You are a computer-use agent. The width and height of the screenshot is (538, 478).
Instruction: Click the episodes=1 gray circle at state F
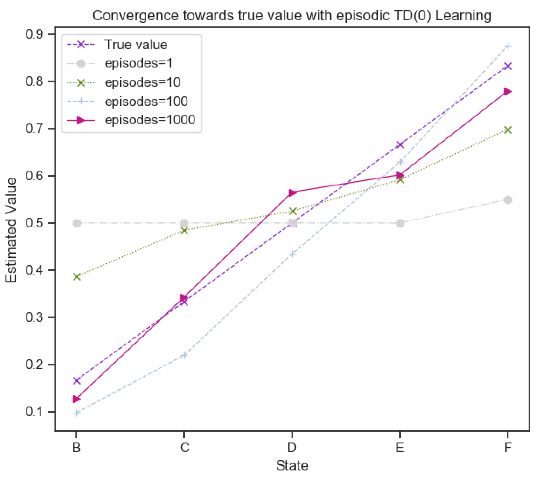pyautogui.click(x=508, y=200)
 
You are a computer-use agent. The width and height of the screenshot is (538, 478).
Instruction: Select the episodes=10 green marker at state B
pyautogui.click(x=77, y=277)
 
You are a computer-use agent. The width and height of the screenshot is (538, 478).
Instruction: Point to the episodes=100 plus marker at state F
pyautogui.click(x=508, y=46)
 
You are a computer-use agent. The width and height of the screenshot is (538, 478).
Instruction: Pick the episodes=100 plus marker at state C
pyautogui.click(x=184, y=355)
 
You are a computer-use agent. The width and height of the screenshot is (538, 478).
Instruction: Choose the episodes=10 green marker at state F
pyautogui.click(x=508, y=130)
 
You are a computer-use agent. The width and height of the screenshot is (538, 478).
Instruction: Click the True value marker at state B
pyautogui.click(x=77, y=380)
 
